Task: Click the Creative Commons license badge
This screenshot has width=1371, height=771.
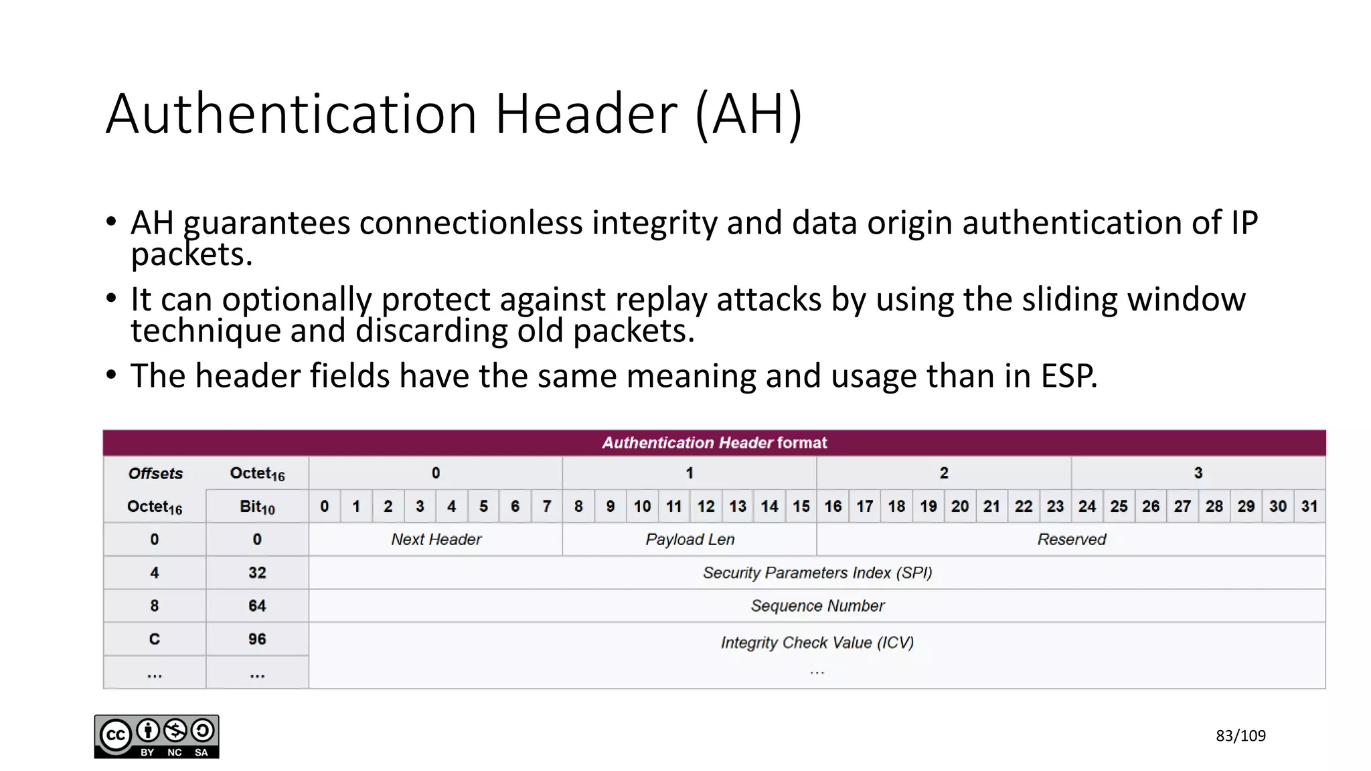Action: pos(156,736)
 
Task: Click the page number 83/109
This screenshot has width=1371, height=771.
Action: pos(1240,736)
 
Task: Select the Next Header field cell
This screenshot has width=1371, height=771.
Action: pos(436,539)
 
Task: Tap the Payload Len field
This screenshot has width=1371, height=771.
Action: pos(690,539)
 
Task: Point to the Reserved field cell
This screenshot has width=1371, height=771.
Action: pos(1071,539)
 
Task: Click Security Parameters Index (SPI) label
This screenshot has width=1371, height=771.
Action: pos(817,573)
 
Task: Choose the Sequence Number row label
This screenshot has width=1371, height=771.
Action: pos(817,606)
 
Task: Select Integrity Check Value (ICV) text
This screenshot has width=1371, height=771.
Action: pos(817,642)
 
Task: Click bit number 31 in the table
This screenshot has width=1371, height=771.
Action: pos(1309,507)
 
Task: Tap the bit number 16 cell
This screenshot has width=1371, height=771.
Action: pos(833,507)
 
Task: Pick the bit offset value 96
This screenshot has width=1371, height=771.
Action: pos(257,639)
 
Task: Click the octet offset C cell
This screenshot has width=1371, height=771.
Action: pos(155,639)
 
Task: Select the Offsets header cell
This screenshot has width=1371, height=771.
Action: pos(155,474)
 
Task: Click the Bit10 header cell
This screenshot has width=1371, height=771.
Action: pos(257,507)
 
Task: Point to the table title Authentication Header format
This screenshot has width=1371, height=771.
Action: pos(714,443)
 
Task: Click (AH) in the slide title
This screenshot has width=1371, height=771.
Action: pos(748,114)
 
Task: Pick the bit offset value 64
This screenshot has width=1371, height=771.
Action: pos(257,606)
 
